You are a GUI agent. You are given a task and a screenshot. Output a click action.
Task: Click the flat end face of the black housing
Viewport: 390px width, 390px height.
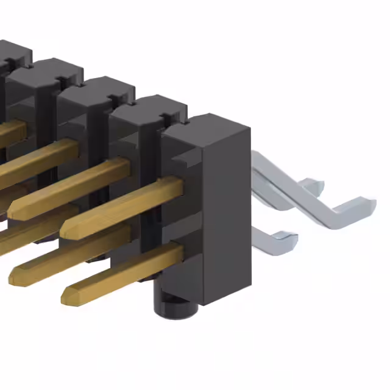point(225,207)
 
